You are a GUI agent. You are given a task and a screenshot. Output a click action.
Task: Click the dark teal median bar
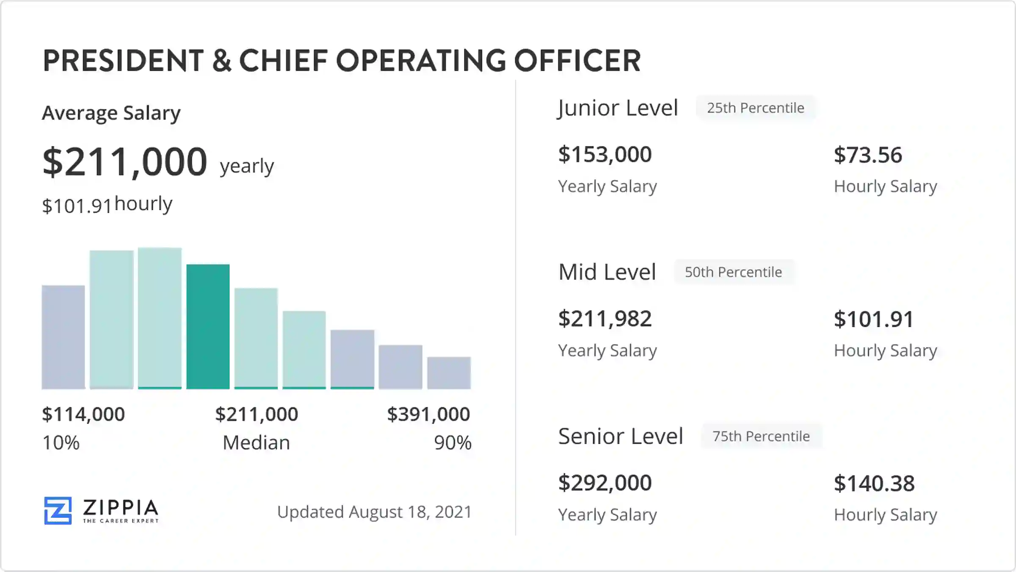[x=208, y=326]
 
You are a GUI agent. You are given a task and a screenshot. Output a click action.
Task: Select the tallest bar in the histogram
[x=160, y=318]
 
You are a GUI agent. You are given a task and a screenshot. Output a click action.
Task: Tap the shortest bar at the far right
[x=449, y=373]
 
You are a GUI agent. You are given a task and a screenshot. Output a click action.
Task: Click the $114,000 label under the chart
[x=83, y=414]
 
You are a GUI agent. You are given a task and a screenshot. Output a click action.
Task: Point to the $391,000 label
[x=428, y=414]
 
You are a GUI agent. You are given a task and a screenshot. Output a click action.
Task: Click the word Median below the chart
[x=256, y=443]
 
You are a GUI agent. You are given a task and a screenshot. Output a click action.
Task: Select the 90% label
[x=453, y=443]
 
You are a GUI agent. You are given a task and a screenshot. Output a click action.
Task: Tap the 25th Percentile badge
[x=756, y=108]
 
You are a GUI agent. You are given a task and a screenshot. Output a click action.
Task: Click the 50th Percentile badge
[x=733, y=272]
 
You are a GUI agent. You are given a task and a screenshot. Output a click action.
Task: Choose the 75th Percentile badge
[x=761, y=436]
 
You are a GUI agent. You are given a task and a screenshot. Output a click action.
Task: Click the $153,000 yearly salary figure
[x=605, y=154]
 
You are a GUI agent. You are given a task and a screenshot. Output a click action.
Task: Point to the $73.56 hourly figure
[x=868, y=155]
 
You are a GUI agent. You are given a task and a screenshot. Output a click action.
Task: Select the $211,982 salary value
[x=605, y=319]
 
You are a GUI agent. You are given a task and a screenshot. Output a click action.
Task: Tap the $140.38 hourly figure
[x=874, y=483]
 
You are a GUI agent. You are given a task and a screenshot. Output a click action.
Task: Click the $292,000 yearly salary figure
[x=605, y=483]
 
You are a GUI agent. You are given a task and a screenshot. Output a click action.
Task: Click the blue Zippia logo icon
[x=58, y=511]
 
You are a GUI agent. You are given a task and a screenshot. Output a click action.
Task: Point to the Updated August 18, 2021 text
[x=374, y=512]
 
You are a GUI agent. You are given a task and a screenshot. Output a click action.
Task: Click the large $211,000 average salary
[x=125, y=162]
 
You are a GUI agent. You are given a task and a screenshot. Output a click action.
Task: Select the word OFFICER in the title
[x=577, y=61]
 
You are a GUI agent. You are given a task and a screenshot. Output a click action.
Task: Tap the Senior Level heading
[x=621, y=436]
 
